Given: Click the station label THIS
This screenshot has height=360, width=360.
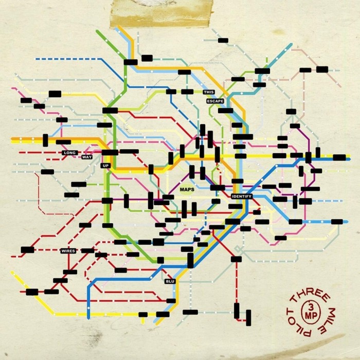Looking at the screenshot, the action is (208, 92).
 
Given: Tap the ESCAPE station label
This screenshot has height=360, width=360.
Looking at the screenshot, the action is (215, 101).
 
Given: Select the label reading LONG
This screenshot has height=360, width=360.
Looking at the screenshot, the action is (69, 153).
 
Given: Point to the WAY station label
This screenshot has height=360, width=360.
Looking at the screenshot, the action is (86, 156).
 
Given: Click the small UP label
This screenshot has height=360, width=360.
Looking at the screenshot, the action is (106, 166).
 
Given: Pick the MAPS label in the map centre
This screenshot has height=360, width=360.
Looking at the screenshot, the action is (186, 190).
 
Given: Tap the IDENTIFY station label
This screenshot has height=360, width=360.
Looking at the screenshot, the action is (242, 197).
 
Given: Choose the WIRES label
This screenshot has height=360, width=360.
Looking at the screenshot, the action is (68, 251).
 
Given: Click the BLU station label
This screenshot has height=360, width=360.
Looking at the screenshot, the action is (170, 282).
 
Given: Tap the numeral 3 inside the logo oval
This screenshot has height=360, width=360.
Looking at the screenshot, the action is (309, 307).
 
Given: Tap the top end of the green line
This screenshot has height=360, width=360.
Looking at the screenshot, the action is (97, 31).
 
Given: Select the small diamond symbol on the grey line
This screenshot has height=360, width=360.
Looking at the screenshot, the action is (237, 249).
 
